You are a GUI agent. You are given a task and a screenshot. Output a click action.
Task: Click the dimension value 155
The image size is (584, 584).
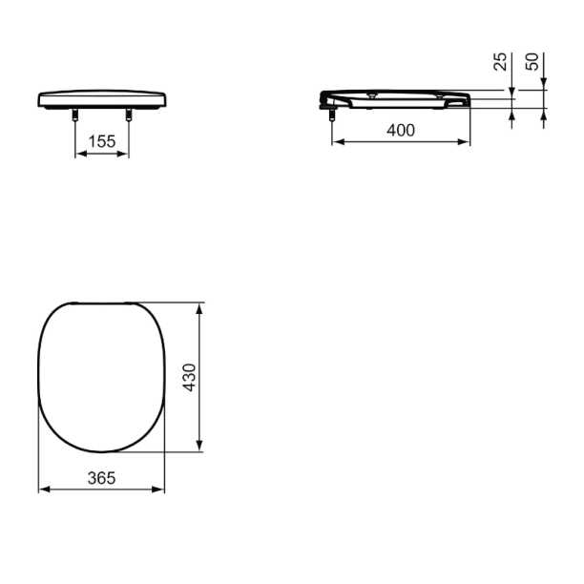[102, 141]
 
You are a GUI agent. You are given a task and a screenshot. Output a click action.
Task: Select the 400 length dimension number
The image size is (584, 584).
[401, 131]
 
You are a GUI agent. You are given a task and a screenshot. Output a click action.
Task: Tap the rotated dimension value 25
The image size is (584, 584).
[500, 61]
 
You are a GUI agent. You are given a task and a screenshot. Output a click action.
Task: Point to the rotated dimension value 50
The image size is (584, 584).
[532, 61]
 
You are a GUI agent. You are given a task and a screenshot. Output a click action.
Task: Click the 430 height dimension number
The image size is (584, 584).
[189, 377]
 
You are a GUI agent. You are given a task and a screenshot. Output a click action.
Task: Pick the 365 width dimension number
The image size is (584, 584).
[102, 478]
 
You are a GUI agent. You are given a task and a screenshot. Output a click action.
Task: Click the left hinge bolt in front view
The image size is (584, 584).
[75, 115]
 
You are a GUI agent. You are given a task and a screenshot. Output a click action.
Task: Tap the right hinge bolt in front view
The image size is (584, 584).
[129, 115]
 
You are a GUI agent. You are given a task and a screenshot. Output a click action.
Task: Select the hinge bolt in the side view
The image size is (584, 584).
[331, 115]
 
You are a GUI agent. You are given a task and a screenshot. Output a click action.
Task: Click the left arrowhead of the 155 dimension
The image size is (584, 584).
[81, 154]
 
